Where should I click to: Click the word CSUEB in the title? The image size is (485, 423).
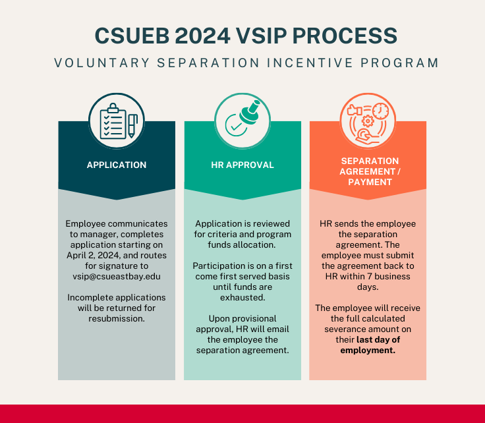(132, 36)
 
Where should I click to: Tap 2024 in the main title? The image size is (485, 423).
(202, 36)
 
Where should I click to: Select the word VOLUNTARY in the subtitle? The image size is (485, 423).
(102, 63)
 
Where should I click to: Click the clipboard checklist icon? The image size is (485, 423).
(113, 121)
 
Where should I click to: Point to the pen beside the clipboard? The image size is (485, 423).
(132, 126)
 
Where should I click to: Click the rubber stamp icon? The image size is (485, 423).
(250, 112)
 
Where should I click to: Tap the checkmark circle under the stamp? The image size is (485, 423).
(236, 126)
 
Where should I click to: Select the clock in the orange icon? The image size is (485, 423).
(380, 111)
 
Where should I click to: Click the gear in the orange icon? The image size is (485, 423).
(368, 121)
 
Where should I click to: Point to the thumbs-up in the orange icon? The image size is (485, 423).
(355, 110)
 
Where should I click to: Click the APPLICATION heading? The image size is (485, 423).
(117, 165)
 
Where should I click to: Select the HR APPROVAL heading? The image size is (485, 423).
(242, 165)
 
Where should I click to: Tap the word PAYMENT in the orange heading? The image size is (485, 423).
(370, 182)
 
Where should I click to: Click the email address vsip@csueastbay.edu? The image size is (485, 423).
(117, 276)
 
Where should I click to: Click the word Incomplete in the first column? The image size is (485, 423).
(87, 297)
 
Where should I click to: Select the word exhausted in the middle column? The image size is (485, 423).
(242, 297)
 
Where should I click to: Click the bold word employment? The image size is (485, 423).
(368, 351)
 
